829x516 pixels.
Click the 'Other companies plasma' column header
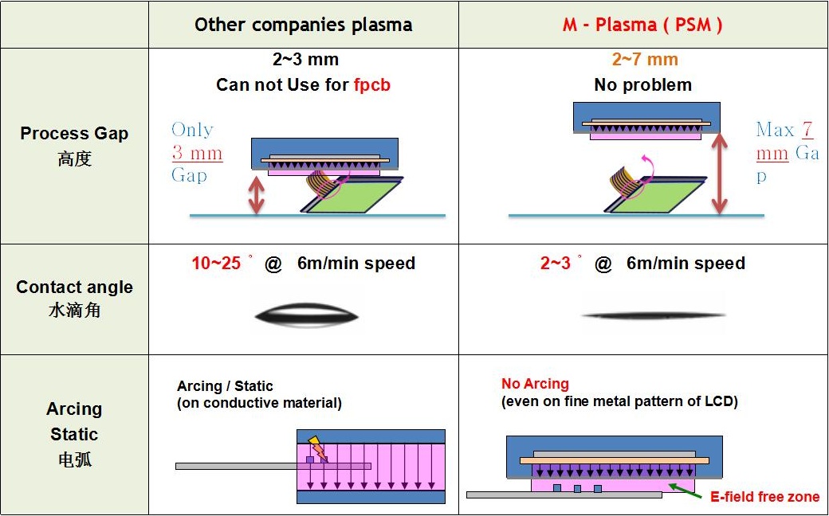[303, 25]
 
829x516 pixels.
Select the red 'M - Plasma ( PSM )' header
[642, 25]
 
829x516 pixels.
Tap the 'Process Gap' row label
[74, 134]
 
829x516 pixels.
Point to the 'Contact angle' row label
[74, 287]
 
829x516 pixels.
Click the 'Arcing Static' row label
[74, 421]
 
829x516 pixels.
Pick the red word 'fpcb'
[372, 84]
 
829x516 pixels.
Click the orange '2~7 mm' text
[645, 60]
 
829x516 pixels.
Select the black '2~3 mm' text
[305, 60]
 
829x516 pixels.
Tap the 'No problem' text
[642, 84]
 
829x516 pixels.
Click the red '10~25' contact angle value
[216, 264]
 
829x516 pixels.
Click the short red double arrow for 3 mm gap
[256, 195]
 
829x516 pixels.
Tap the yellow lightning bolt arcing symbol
[317, 448]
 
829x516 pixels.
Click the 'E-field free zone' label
[764, 497]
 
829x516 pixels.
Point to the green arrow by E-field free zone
[683, 488]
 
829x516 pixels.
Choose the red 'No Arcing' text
[535, 384]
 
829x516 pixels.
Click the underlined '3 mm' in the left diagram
[197, 153]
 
